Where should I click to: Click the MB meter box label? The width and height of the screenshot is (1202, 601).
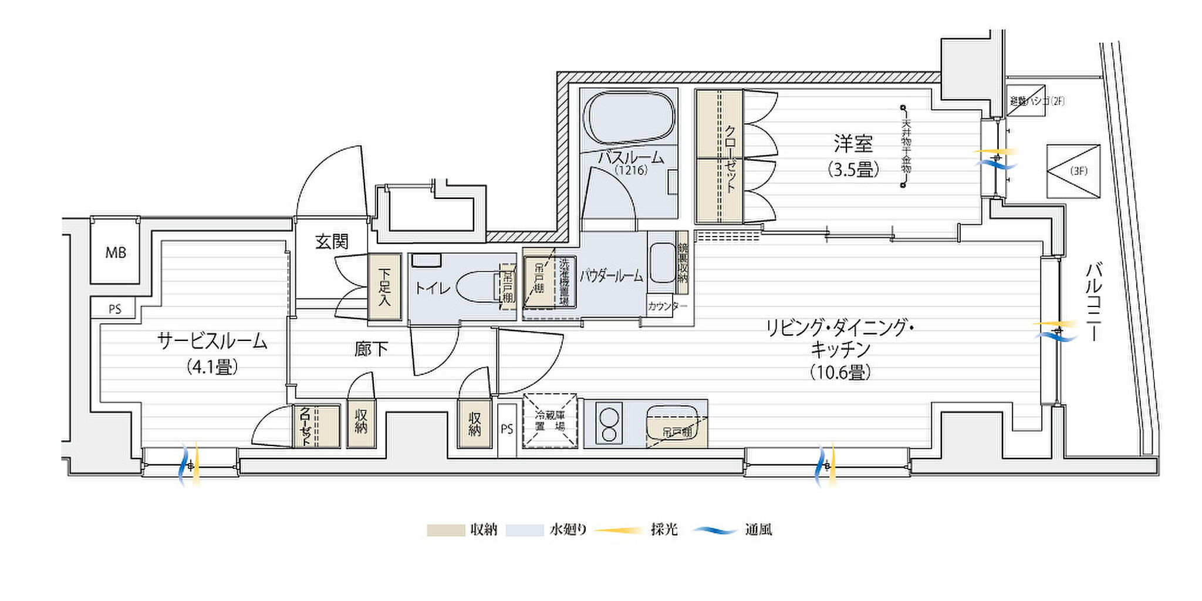tap(116, 253)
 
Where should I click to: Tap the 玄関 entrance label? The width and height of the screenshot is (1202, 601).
tap(332, 241)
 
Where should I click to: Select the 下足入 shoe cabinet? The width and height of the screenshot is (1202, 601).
tap(384, 287)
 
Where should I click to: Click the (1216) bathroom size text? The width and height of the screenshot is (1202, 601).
tap(631, 170)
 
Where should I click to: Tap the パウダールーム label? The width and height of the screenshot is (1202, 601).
tap(612, 276)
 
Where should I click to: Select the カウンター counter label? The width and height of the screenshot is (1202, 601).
tap(667, 306)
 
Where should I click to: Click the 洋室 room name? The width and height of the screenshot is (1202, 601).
tap(853, 144)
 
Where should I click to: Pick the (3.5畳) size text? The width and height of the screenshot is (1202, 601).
tap(853, 170)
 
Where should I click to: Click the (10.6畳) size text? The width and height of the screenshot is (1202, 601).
tap(840, 372)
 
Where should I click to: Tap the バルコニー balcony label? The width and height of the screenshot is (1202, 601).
tap(1093, 302)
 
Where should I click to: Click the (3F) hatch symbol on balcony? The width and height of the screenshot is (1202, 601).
tap(1073, 171)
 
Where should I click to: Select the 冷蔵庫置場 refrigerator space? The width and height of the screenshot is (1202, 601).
tap(550, 421)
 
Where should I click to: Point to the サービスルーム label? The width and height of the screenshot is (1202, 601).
tap(212, 341)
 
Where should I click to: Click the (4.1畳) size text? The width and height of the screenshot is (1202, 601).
tap(212, 367)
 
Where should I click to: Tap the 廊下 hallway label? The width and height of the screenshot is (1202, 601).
tap(371, 349)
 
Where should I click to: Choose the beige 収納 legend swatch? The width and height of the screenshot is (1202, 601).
tap(445, 530)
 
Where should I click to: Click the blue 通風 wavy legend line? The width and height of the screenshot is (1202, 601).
tap(715, 531)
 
